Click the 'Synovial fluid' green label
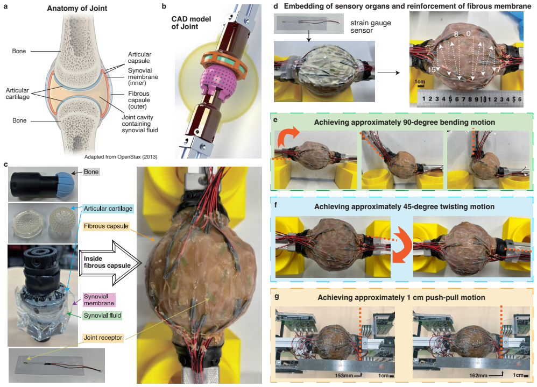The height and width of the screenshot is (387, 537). [x=102, y=316]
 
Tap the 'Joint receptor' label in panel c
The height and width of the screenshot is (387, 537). [x=103, y=338]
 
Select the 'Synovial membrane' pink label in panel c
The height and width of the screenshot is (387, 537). [x=99, y=300]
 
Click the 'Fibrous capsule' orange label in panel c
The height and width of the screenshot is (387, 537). [x=106, y=226]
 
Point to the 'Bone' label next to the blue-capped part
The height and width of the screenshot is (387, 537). [x=91, y=172]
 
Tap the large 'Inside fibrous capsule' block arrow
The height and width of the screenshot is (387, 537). [x=110, y=262]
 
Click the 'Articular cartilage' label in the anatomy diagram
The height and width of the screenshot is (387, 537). [x=17, y=94]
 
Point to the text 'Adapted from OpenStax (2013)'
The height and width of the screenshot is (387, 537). [x=121, y=157]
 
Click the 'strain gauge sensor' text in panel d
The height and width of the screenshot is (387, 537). [x=371, y=27]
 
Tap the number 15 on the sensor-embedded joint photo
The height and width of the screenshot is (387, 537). [x=432, y=69]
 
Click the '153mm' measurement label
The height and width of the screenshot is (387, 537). [x=344, y=375]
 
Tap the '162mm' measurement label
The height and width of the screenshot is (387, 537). [x=478, y=375]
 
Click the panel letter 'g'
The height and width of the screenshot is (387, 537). [x=277, y=297]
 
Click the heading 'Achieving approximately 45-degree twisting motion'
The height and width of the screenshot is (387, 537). [x=405, y=207]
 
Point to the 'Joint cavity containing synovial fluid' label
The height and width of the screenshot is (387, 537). [x=140, y=124]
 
